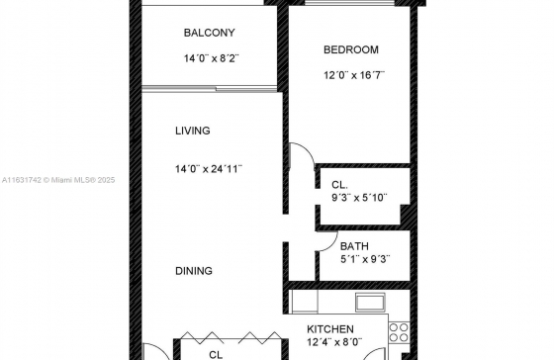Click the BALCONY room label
click(209, 33)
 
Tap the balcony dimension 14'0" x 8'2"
click(212, 58)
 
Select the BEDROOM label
click(351, 49)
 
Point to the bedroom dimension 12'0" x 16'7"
click(354, 75)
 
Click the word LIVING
click(193, 131)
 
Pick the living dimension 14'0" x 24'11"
click(209, 169)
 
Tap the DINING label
click(194, 271)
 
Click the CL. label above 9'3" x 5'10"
click(339, 185)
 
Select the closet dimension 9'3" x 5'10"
click(359, 198)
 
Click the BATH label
click(354, 246)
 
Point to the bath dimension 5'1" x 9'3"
click(365, 259)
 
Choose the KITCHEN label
click(330, 329)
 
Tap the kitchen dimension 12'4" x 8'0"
click(334, 342)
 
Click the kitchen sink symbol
click(370, 303)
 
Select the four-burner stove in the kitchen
click(400, 332)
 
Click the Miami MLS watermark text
click(58, 180)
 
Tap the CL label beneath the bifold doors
click(216, 355)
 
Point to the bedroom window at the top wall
click(349, 3)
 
